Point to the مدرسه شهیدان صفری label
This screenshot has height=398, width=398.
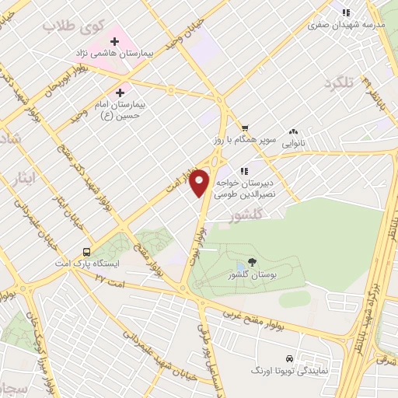(x=347, y=24)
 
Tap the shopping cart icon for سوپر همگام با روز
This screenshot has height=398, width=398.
(x=244, y=129)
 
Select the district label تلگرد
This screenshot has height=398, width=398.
(x=339, y=82)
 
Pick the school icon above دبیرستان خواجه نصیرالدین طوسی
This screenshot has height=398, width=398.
(x=244, y=171)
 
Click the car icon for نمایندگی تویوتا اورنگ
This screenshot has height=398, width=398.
(x=289, y=358)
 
